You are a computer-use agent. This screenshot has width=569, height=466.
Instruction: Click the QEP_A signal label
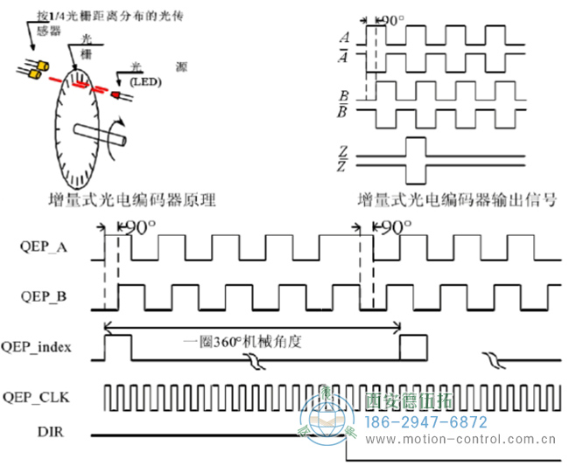pyautogui.click(x=43, y=247)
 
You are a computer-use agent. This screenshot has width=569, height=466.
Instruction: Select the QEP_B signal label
pyautogui.click(x=43, y=296)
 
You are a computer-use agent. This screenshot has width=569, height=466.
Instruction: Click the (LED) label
pyautogui.click(x=146, y=81)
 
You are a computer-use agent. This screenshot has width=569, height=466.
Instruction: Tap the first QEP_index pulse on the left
pyautogui.click(x=117, y=345)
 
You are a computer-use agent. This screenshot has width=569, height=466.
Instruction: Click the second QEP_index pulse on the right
pyautogui.click(x=413, y=345)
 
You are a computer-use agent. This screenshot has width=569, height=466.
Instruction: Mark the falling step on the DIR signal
pyautogui.click(x=348, y=446)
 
